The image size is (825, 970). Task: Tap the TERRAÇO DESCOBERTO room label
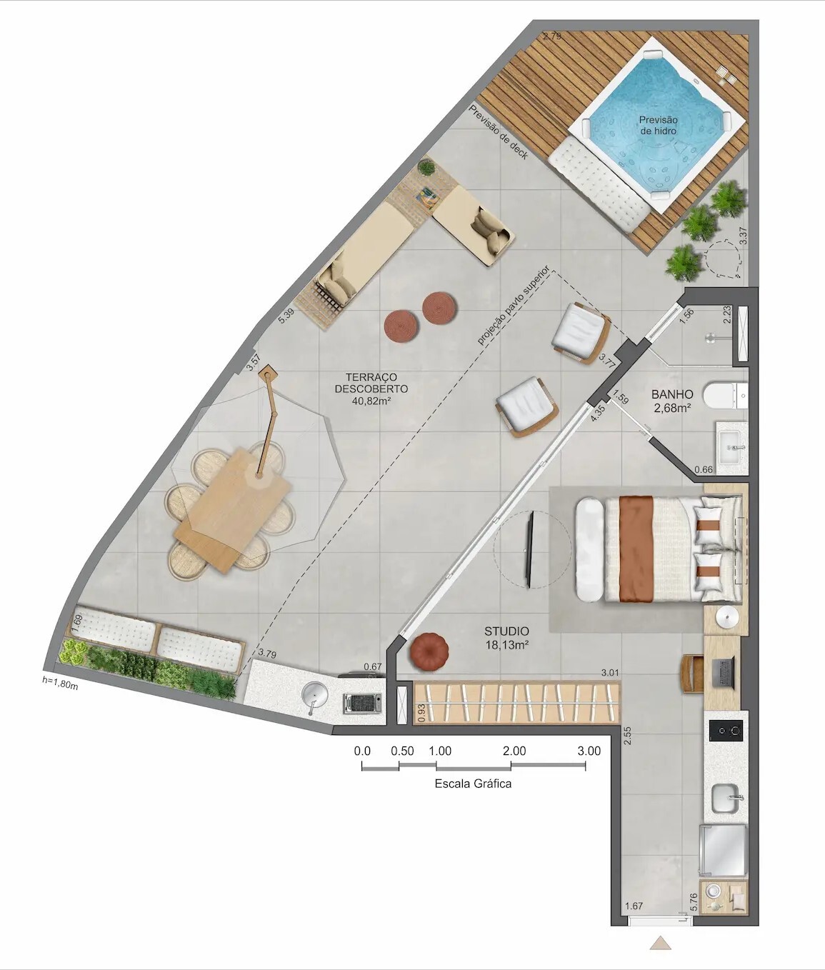coord(371,389)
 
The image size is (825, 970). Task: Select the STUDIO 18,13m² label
coord(506,638)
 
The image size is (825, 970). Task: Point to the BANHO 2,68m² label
coord(671,401)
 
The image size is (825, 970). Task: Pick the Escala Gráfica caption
coord(473,784)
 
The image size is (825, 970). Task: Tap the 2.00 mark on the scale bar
coord(514,751)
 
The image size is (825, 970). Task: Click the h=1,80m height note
coord(60,687)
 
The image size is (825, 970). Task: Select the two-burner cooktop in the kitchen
coord(726,731)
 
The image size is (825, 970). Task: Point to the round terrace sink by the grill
coord(314,694)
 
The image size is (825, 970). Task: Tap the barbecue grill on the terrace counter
coord(361,702)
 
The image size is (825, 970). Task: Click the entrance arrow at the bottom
coord(661,944)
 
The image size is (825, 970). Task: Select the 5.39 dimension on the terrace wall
coord(286,315)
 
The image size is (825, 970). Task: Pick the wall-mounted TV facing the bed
coord(529,550)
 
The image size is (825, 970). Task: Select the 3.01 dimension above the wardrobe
coord(610,673)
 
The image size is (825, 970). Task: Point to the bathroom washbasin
coord(731,449)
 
